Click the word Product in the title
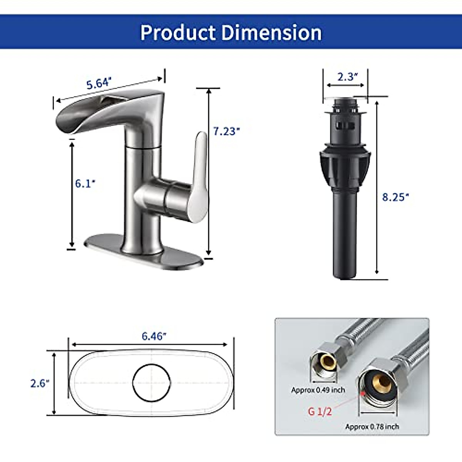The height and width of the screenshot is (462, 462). click(x=178, y=33)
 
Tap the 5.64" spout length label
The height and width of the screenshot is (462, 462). click(x=99, y=83)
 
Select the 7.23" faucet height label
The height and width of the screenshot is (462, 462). click(x=226, y=131)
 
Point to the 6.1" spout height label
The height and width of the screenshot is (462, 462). click(x=85, y=184)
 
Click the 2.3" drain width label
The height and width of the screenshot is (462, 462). click(x=347, y=77)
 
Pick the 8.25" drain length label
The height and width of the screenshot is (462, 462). click(x=395, y=197)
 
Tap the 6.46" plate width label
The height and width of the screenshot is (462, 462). click(x=154, y=336)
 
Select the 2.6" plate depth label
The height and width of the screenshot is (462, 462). click(x=40, y=383)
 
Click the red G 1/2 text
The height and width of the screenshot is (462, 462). click(x=320, y=412)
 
